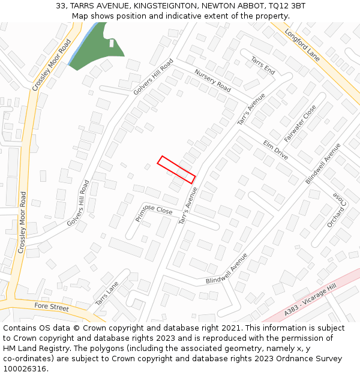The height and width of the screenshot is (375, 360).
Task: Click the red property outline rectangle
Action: coord(176,170)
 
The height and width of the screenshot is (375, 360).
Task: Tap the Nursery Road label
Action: coord(212,81)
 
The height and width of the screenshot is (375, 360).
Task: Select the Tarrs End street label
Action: coord(263,66)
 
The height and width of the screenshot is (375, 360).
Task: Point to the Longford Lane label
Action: coord(302,45)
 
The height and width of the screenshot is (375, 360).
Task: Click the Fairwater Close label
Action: coord(300,124)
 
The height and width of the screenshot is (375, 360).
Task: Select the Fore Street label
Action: coord(52,307)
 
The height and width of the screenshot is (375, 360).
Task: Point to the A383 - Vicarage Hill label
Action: coord(311,301)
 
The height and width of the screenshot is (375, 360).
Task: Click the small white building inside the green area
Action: coord(112,43)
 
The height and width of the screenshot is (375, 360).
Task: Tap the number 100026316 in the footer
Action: coord(26,369)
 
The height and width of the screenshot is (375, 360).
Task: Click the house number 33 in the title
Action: coord(61,5)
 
